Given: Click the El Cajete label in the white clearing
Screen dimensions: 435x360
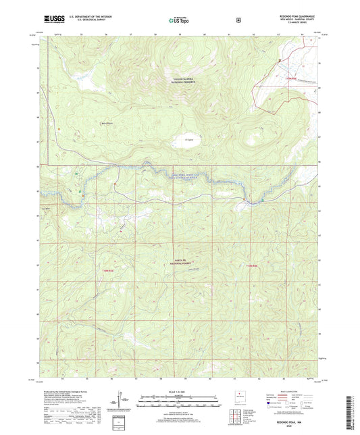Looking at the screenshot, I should [190, 140].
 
